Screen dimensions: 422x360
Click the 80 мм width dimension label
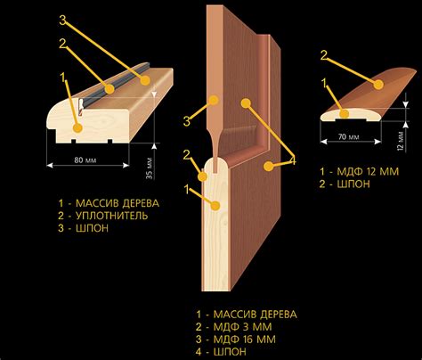click(85, 160)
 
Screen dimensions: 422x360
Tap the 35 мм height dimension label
click(150, 168)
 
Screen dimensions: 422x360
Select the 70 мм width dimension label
click(348, 137)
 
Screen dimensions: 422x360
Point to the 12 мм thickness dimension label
click(401, 141)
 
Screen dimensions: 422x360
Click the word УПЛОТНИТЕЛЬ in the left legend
click(112, 216)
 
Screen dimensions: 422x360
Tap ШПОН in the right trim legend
click(353, 184)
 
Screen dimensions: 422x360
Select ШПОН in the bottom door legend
click(230, 352)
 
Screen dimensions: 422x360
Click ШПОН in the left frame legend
click(93, 228)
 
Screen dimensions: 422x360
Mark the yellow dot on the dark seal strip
click(110, 89)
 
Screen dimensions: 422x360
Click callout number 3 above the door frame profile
click(63, 20)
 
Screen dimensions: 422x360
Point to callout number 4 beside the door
click(292, 160)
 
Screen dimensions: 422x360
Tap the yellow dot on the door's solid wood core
click(215, 206)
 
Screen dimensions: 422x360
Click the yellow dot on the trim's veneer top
click(378, 85)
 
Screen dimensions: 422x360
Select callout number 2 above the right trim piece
click(324, 55)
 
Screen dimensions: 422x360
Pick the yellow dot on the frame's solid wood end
click(77, 127)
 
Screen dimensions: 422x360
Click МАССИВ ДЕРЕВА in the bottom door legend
click(256, 315)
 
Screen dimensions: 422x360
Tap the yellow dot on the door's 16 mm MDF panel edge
click(214, 100)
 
